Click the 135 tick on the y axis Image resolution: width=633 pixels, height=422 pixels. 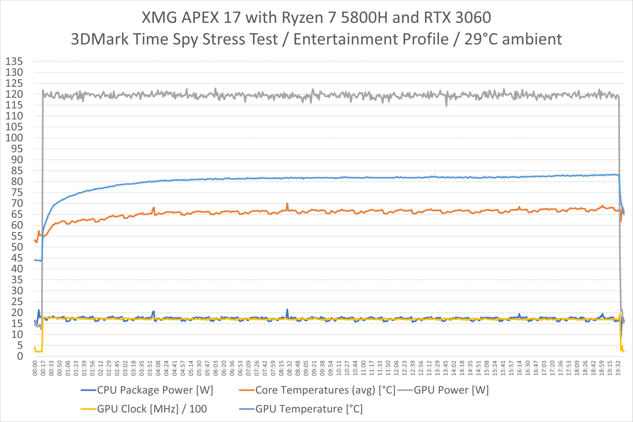(x=14, y=61)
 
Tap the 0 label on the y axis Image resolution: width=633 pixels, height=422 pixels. (x=20, y=356)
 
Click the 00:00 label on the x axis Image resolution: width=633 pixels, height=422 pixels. (x=35, y=368)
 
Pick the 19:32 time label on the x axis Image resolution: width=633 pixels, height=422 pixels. (x=618, y=368)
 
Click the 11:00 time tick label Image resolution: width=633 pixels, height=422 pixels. (x=364, y=368)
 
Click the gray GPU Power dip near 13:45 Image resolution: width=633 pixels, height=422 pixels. (x=447, y=105)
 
